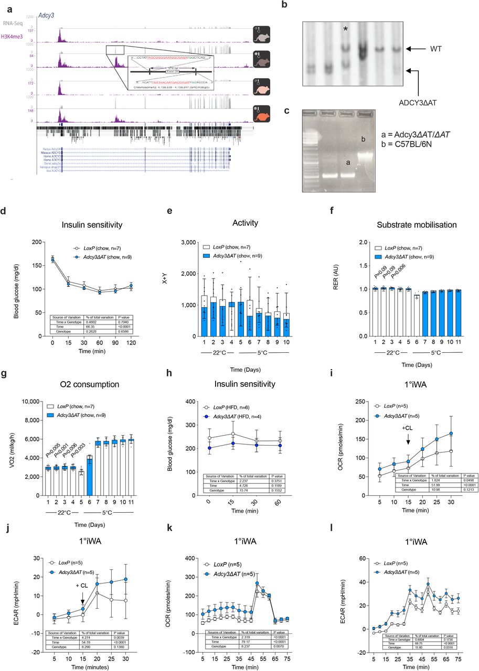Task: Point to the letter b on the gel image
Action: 362,139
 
